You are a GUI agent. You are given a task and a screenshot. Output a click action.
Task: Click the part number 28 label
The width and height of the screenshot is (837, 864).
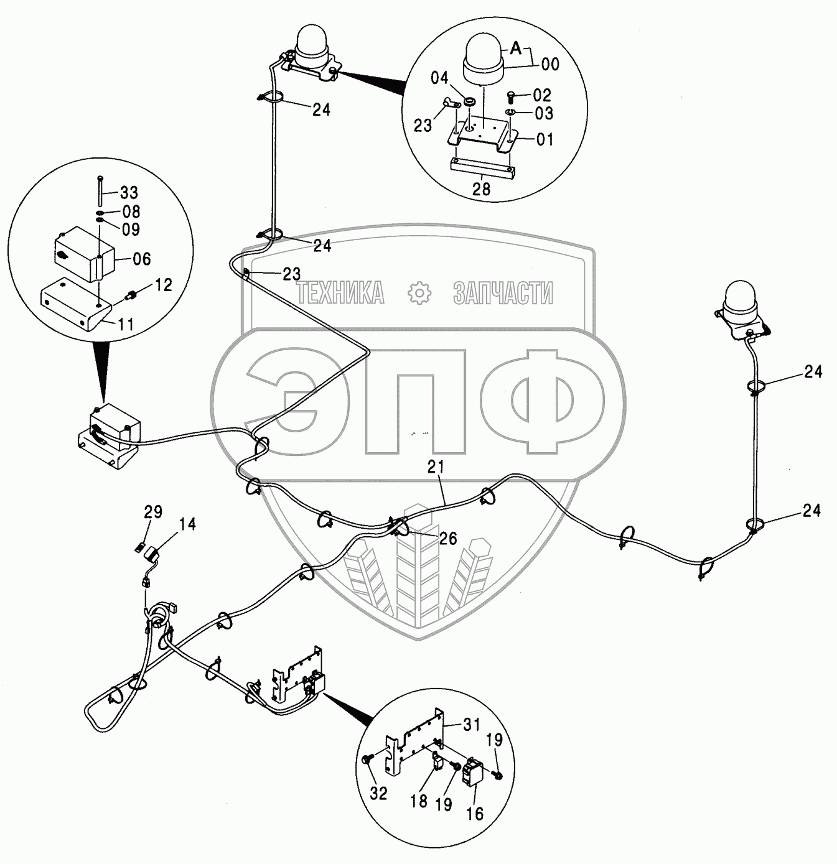[x=481, y=189]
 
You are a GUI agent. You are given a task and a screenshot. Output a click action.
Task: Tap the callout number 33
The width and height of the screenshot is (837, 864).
[x=129, y=193]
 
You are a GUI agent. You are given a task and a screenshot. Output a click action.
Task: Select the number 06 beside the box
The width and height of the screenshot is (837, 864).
[x=142, y=258]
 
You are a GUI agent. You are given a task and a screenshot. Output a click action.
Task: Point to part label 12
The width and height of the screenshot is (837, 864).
[x=163, y=285]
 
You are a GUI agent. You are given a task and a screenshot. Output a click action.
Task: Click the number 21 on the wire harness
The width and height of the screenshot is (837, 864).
[x=436, y=467]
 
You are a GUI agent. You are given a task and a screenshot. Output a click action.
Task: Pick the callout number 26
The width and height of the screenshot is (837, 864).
[x=447, y=539]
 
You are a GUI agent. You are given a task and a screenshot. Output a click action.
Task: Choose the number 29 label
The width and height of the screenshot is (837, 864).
[x=153, y=512]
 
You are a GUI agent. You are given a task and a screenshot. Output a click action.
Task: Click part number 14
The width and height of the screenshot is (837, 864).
[x=187, y=524]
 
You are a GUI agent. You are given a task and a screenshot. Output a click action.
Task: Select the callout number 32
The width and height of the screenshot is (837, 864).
[x=378, y=793]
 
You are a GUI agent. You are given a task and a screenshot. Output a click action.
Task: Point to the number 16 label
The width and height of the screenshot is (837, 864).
[x=475, y=814]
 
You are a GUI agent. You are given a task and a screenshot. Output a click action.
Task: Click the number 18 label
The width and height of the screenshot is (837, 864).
[x=419, y=801]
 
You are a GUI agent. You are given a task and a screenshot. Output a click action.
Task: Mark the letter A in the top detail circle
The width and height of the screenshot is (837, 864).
[x=515, y=48]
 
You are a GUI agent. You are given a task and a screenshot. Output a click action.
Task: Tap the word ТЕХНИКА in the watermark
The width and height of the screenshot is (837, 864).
[x=340, y=292]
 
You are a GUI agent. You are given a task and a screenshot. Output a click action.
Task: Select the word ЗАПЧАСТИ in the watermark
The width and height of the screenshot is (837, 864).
[x=503, y=292]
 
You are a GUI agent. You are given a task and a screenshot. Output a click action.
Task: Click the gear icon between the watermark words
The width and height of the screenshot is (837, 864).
[x=419, y=293]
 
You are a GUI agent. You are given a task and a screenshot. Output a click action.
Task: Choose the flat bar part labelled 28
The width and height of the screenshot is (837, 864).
[x=483, y=168]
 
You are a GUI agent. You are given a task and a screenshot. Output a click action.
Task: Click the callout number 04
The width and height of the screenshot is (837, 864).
[x=439, y=78]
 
